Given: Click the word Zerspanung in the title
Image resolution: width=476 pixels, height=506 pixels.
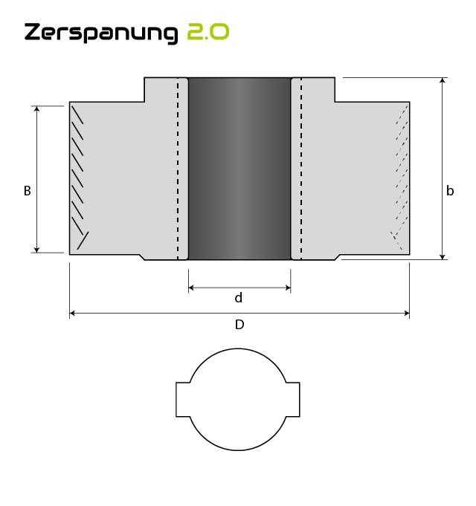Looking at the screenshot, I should click(101, 33).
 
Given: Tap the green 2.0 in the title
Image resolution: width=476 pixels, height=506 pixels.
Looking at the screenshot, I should click(208, 33).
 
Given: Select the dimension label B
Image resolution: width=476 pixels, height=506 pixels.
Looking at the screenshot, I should click(28, 191).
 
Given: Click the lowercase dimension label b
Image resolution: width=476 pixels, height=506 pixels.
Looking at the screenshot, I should click(450, 191).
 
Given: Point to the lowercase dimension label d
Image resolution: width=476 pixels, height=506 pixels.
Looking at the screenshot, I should click(239, 298).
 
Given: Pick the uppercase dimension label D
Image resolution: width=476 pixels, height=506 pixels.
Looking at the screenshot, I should click(239, 325).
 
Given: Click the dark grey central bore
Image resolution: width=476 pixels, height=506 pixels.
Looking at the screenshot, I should click(239, 169).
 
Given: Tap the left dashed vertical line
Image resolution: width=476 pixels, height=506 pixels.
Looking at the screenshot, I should click(178, 169).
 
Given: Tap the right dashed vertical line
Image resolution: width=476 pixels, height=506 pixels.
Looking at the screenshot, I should click(301, 169).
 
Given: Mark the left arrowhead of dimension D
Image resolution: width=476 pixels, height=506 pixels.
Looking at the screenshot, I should click(73, 314).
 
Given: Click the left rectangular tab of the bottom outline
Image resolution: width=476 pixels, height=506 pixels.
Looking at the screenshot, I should click(183, 400).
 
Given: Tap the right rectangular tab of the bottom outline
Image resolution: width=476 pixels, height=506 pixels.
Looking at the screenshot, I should click(293, 400).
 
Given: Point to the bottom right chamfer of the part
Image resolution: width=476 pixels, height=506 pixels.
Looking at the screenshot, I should click(338, 257).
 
